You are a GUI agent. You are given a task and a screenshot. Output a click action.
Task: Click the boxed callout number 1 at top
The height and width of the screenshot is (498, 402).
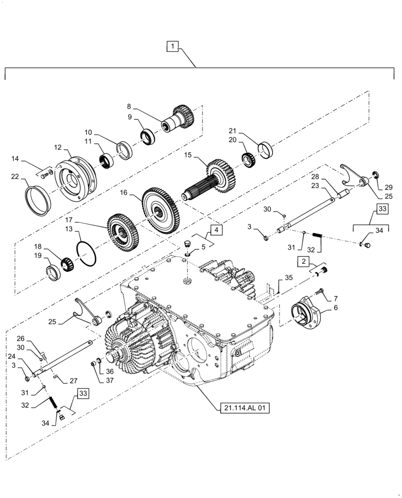(x=172, y=47)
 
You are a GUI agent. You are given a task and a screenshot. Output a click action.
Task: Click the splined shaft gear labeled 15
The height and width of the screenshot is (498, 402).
(x=214, y=179)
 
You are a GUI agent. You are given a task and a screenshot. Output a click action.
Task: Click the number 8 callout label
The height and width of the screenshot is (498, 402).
(x=129, y=106)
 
